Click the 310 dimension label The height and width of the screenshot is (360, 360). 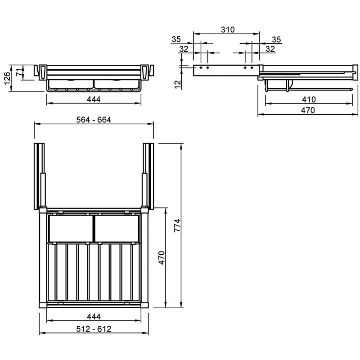click(x=228, y=30)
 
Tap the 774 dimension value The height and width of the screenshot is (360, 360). click(x=177, y=225)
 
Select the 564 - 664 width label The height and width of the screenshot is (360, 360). click(x=94, y=120)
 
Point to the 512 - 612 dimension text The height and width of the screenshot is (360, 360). click(x=94, y=329)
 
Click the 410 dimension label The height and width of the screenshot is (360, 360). click(x=309, y=99)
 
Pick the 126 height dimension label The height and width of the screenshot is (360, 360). click(x=7, y=78)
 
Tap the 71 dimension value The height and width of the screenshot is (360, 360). click(x=19, y=72)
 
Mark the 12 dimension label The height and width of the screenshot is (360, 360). click(x=178, y=85)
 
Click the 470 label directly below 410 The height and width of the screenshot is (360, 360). click(x=308, y=110)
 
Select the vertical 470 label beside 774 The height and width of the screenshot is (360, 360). click(x=162, y=258)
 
